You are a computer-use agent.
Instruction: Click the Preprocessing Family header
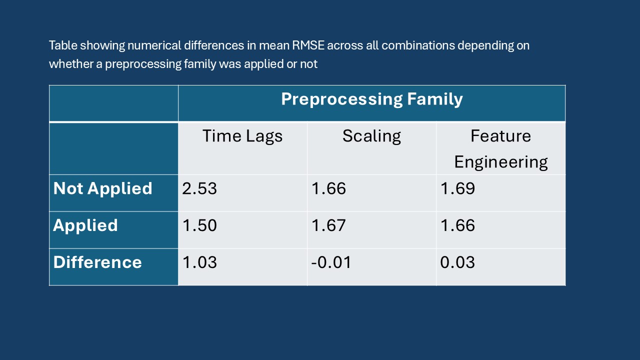coord(371,99)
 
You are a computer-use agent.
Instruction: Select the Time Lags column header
coord(242,136)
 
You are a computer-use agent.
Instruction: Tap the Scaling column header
coord(371,136)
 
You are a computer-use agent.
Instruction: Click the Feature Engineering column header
coord(501,149)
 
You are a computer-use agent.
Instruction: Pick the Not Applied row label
coord(102,188)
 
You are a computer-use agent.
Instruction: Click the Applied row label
coord(85,225)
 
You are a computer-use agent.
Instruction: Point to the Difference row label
coord(97,262)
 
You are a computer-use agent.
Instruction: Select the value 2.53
coord(199,188)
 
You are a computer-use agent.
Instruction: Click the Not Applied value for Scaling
coord(328,188)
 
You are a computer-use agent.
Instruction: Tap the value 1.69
coord(457,188)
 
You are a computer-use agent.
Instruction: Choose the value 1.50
coord(199,225)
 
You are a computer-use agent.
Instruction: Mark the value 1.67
coord(328,225)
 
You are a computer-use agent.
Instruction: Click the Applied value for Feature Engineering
coord(457,225)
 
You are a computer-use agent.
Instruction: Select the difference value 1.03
coord(199,262)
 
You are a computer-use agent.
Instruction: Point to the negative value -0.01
coord(331,262)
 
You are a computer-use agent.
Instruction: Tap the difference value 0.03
coord(457,262)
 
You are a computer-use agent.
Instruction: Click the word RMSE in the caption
coord(308,45)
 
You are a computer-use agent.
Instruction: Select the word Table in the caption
coord(63,45)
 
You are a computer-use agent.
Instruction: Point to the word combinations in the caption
coord(418,45)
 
